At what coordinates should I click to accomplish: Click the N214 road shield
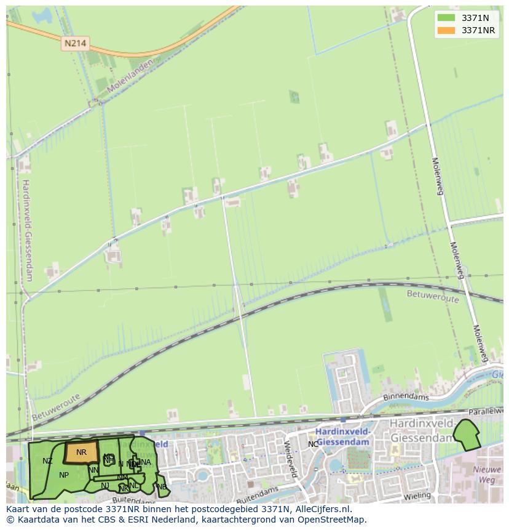[x=75, y=43]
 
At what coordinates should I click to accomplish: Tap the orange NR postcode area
[x=81, y=452]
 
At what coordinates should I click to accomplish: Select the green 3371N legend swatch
[x=446, y=18]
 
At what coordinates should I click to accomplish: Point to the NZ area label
[x=47, y=461]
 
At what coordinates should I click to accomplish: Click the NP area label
[x=64, y=475]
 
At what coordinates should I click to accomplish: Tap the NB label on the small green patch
[x=162, y=486]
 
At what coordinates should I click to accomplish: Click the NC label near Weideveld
[x=314, y=444]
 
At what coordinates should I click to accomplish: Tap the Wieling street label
[x=418, y=495]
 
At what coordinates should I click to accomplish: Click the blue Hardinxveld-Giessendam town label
[x=342, y=436]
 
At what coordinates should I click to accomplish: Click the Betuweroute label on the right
[x=433, y=295]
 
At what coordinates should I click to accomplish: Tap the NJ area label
[x=105, y=486]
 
